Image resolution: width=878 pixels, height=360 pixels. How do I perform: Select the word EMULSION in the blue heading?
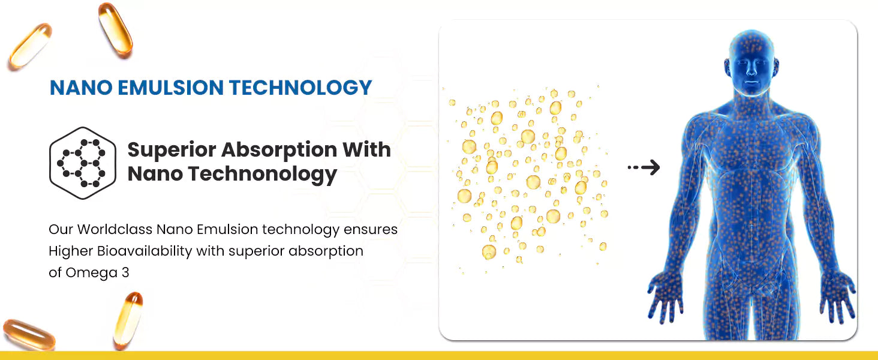(170, 88)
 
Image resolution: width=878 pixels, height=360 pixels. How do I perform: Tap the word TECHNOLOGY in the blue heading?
(300, 88)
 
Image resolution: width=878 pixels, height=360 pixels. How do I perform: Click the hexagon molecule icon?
(83, 163)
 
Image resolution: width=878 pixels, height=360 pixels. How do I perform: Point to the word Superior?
(172, 150)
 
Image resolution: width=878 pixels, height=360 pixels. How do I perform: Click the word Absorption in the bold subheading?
(279, 150)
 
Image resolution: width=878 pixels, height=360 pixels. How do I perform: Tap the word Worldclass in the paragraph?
(115, 229)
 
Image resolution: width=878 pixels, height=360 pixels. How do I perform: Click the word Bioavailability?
(145, 251)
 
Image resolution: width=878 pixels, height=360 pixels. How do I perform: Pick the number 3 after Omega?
(125, 272)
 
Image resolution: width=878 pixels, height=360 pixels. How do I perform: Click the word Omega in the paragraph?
(91, 273)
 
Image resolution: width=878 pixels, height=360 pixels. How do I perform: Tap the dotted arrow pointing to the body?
(644, 167)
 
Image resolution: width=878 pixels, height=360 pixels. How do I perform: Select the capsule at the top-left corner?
(31, 47)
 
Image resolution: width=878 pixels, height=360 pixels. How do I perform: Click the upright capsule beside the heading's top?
(115, 31)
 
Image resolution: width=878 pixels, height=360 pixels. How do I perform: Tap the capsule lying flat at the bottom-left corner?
(29, 335)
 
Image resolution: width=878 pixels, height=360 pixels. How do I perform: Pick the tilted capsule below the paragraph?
(128, 320)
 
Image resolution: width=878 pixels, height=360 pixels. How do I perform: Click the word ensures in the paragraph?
(371, 230)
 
